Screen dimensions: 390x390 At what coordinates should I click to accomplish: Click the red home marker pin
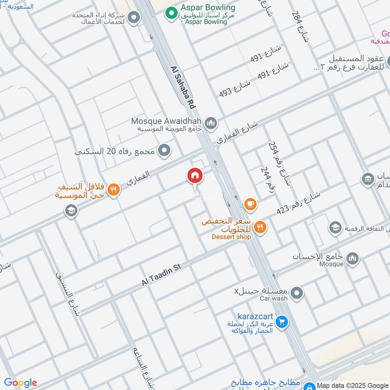(x=195, y=176)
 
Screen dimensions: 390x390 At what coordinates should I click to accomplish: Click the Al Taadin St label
(x=161, y=275)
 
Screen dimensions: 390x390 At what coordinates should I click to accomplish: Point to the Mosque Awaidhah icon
(x=211, y=123)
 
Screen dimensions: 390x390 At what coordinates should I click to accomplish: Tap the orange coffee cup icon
(x=251, y=204)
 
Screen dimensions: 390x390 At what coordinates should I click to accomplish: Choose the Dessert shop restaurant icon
(x=260, y=226)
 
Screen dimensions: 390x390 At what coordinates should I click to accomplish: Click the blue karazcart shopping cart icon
(x=281, y=322)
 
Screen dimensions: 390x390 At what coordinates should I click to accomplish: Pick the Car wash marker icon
(x=297, y=293)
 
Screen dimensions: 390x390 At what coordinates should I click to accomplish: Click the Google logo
(x=20, y=383)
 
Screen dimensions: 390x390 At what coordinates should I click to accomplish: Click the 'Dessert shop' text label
(x=231, y=237)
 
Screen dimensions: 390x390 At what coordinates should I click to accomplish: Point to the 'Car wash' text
(x=273, y=298)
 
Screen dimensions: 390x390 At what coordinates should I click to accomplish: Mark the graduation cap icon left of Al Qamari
(x=71, y=211)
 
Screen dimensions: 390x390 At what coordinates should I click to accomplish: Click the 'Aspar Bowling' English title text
(x=208, y=8)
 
